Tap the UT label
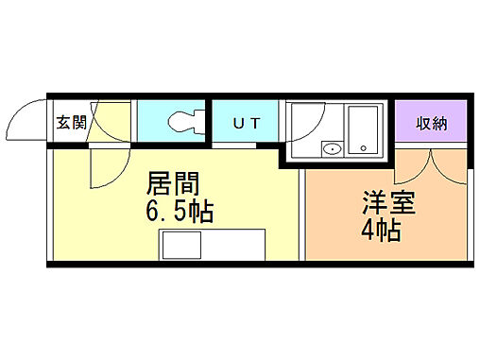(244, 122)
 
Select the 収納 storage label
(431, 123)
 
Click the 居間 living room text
(173, 182)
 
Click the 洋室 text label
(386, 203)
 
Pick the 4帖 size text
(381, 230)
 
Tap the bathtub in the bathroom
(363, 129)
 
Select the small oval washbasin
(331, 149)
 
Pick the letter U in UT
(236, 122)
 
